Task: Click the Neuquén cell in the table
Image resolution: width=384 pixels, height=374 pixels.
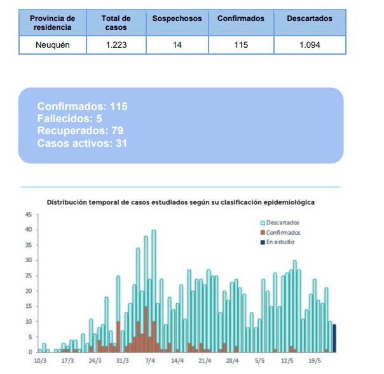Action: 52,45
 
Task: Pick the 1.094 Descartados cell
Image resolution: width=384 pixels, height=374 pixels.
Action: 310,45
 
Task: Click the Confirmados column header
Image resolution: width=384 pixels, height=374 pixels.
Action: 241,19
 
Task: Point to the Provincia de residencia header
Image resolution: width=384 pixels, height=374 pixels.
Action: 52,23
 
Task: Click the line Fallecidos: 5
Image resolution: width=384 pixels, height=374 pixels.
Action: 69,118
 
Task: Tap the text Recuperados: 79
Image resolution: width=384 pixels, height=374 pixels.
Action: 79,131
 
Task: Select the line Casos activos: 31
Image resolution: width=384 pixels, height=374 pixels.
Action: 82,143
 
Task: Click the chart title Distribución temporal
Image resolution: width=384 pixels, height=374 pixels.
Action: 181,202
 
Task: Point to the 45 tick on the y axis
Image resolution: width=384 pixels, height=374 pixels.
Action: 28,214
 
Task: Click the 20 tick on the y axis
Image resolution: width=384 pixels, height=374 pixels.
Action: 28,291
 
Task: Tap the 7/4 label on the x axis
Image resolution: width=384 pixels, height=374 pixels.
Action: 150,361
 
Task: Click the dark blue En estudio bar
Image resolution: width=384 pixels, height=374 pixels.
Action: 334,338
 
